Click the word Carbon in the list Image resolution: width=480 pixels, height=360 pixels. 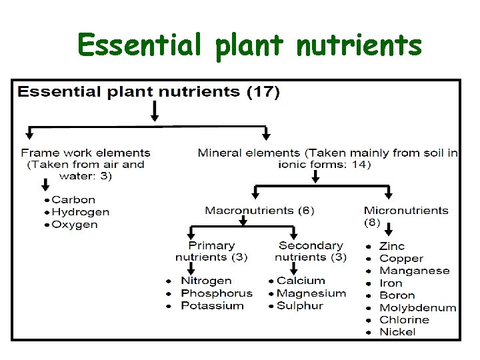click(x=73, y=199)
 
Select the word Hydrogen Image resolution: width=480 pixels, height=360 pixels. click(x=80, y=212)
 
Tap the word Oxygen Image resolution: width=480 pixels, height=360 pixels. click(x=75, y=225)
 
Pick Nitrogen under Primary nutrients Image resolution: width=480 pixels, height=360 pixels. click(x=206, y=281)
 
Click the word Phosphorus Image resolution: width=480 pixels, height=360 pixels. click(x=217, y=293)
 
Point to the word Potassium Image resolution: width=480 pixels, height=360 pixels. click(x=212, y=306)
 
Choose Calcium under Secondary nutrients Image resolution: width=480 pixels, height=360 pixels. click(x=301, y=281)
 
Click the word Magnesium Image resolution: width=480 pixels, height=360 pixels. click(x=311, y=293)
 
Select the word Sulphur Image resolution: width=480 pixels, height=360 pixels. click(x=299, y=306)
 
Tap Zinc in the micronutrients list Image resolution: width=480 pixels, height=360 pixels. click(x=392, y=246)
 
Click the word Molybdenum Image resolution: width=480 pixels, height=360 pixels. click(x=417, y=307)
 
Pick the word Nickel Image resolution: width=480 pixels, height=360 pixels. click(x=397, y=332)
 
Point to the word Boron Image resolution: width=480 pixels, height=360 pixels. click(x=397, y=295)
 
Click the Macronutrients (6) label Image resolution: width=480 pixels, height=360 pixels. click(x=259, y=211)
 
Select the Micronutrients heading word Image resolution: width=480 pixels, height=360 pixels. click(x=406, y=211)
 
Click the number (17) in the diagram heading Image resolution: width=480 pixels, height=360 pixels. click(x=263, y=91)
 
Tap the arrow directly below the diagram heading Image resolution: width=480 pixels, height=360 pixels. click(x=155, y=111)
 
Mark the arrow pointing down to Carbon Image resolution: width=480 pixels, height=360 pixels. click(x=45, y=185)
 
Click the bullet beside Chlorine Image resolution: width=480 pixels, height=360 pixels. click(x=369, y=320)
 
